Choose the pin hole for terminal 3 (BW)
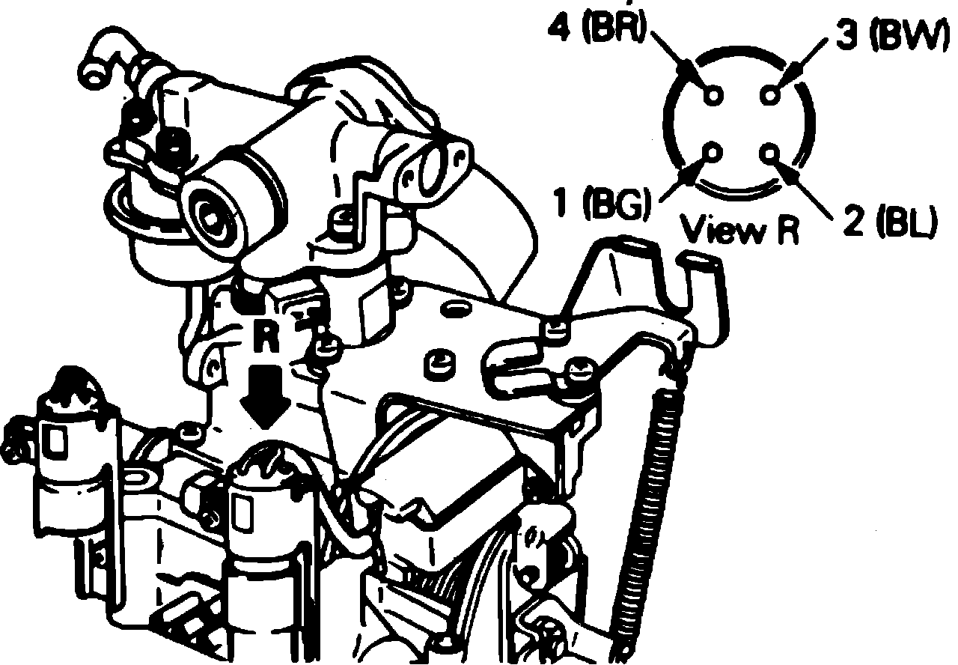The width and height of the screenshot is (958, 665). click(x=772, y=95)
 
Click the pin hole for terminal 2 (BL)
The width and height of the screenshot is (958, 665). click(x=772, y=153)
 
